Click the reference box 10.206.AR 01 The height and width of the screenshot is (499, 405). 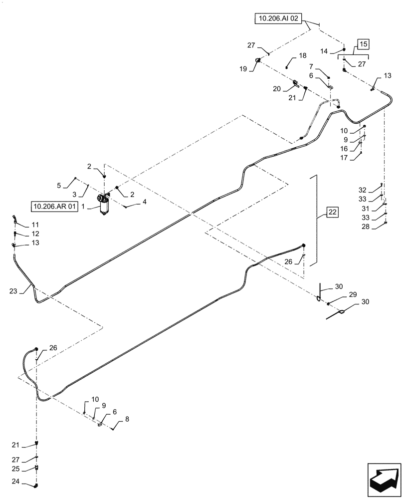55,206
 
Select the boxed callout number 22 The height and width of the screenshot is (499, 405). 333,212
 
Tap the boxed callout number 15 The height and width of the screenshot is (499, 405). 363,44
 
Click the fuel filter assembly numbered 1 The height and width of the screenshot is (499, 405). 105,205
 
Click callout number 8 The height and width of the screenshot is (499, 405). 127,420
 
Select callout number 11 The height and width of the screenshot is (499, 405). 35,225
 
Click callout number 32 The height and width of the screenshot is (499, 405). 363,190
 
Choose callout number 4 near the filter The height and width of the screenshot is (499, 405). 144,202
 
